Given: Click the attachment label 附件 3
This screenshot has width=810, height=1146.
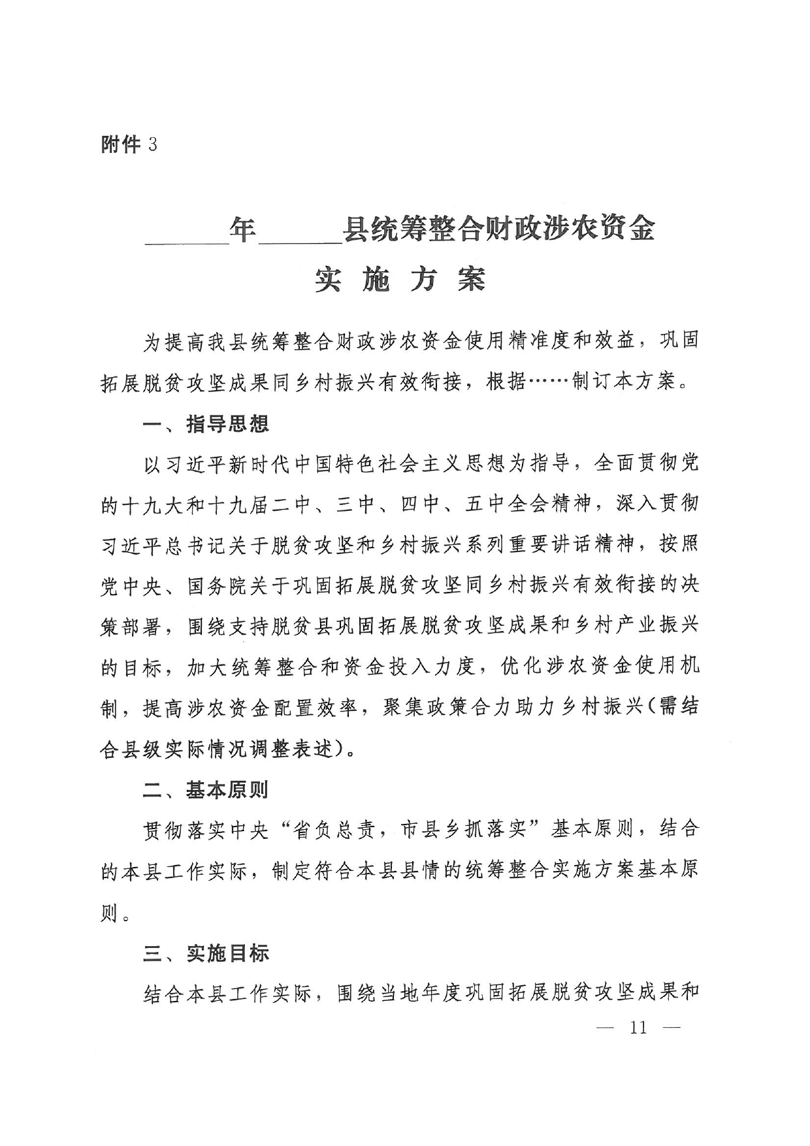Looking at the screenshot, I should click(129, 144).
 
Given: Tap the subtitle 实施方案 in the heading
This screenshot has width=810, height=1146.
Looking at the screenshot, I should click(400, 280).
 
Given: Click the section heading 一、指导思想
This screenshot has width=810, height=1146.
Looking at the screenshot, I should click(206, 424).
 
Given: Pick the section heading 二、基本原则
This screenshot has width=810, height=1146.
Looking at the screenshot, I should click(206, 790).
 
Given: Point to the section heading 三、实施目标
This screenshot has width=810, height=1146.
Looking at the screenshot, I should click(206, 953).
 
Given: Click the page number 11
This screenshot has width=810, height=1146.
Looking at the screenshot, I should click(638, 1028).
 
